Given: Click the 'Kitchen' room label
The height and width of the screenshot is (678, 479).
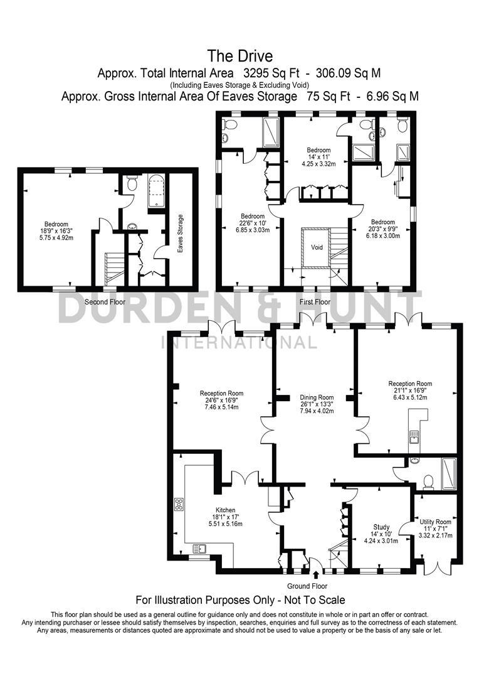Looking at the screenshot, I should pyautogui.click(x=225, y=510).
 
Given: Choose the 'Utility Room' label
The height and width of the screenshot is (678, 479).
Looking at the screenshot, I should pyautogui.click(x=435, y=522).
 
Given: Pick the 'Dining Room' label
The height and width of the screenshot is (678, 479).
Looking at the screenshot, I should pyautogui.click(x=317, y=397).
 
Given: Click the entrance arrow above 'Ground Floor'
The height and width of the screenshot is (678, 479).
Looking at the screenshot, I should pyautogui.click(x=315, y=574).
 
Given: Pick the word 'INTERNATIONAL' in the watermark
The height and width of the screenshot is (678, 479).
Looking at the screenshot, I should pyautogui.click(x=239, y=342).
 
